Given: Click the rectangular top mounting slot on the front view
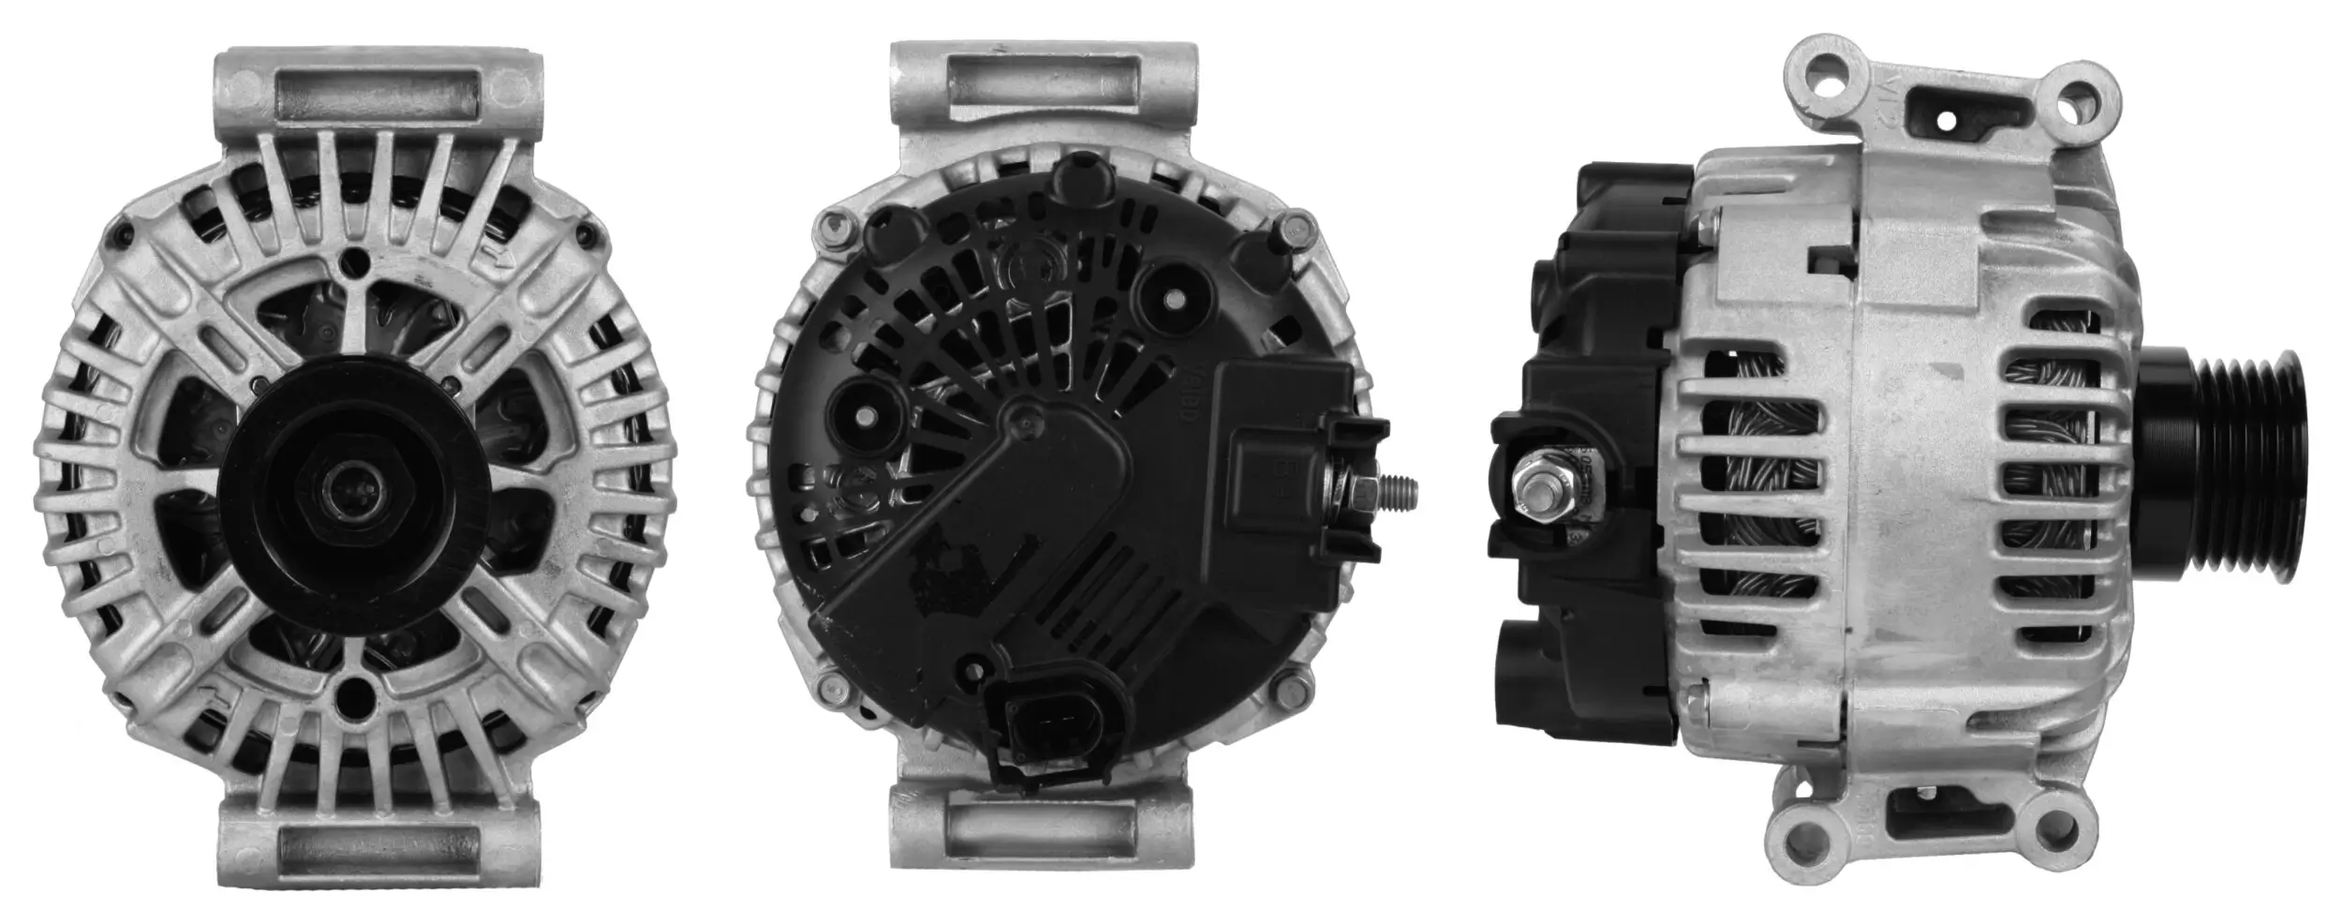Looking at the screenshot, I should click(378, 97).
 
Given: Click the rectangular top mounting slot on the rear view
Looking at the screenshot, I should click(1044, 85).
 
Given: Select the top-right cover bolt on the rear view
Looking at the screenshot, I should click(1297, 224).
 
